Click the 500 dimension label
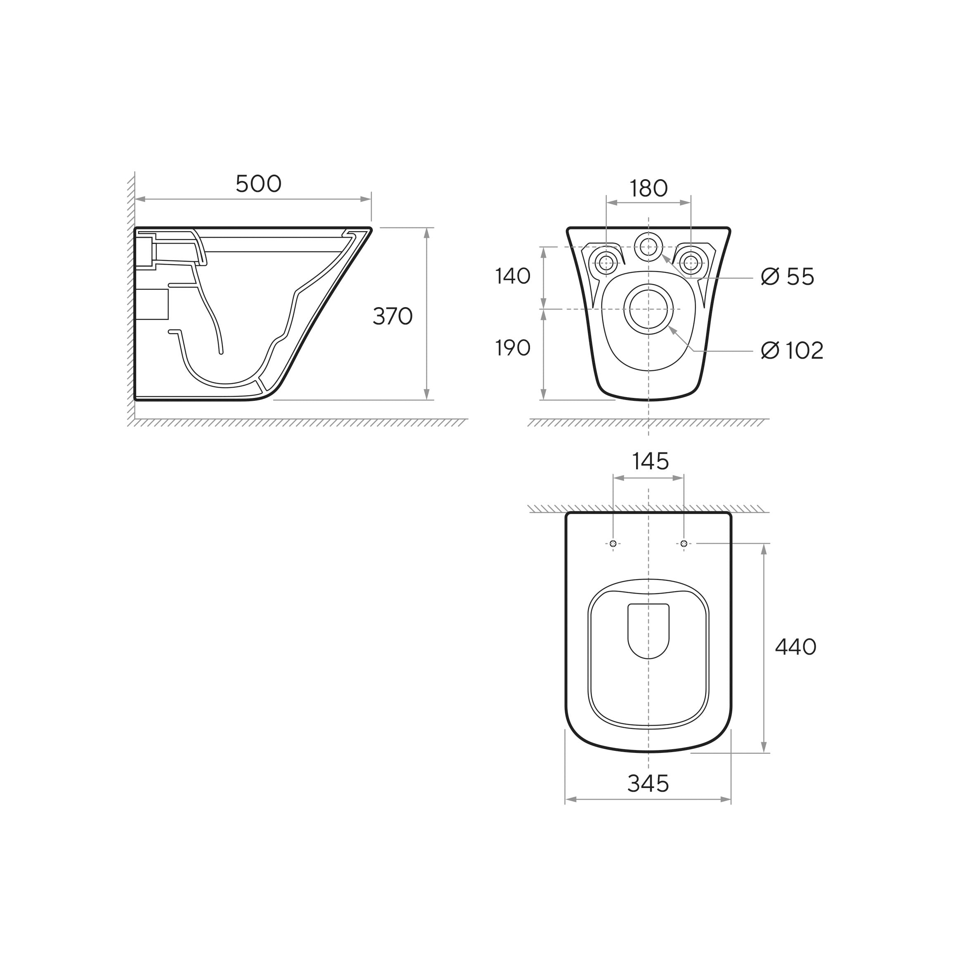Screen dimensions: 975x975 pyautogui.click(x=258, y=184)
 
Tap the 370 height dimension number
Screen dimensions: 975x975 pyautogui.click(x=393, y=317)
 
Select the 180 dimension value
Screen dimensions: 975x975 pyautogui.click(x=648, y=189)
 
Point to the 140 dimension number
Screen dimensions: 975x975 pyautogui.click(x=513, y=276)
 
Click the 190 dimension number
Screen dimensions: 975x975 pyautogui.click(x=513, y=348)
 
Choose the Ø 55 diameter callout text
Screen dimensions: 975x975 pyautogui.click(x=787, y=277)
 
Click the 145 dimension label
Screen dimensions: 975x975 pyautogui.click(x=651, y=461)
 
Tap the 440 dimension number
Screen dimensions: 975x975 pyautogui.click(x=796, y=646)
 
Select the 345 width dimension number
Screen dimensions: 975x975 pyautogui.click(x=648, y=784)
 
